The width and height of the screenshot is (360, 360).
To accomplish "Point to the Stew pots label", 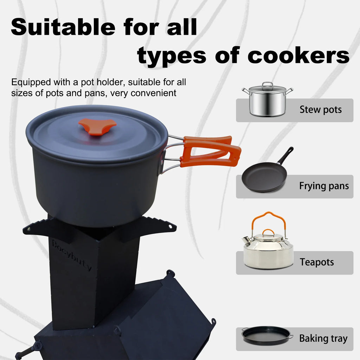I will point(320,110).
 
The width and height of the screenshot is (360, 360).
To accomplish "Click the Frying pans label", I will point(324,186).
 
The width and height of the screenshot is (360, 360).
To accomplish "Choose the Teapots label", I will point(316,262).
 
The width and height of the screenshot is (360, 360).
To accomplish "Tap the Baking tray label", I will point(323,339).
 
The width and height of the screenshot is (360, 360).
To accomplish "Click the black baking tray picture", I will point(266,336).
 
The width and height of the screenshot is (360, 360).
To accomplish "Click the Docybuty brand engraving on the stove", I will point(72,255).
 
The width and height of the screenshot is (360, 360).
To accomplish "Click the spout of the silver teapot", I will point(247,240).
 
